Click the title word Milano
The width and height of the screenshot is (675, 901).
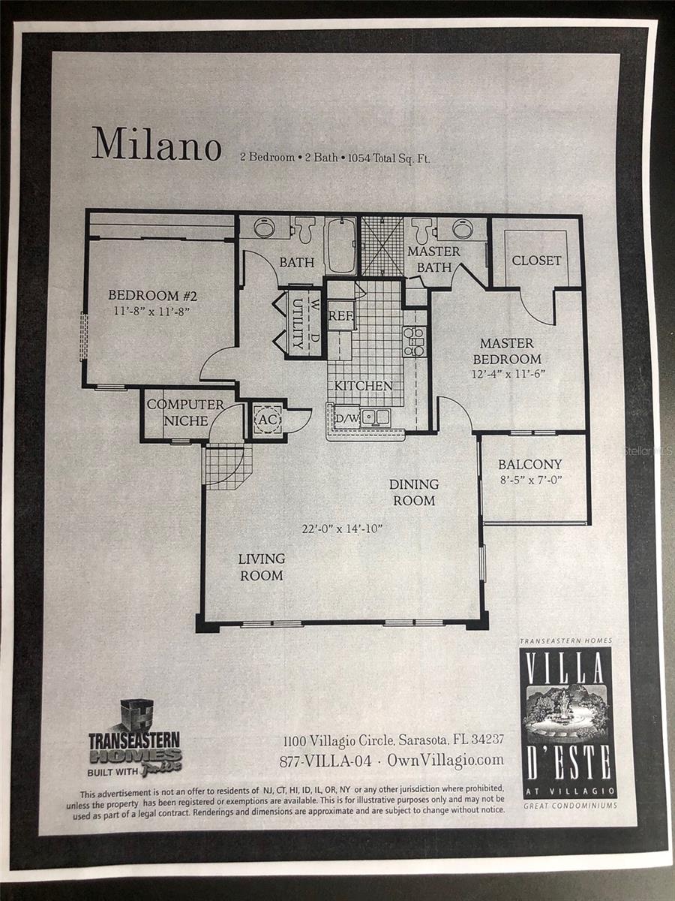[156, 143]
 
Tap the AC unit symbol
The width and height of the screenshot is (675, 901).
[266, 420]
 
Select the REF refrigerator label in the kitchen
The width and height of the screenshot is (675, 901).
[340, 316]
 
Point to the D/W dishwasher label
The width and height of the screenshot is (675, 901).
[346, 418]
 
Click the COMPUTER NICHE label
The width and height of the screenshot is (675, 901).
[185, 412]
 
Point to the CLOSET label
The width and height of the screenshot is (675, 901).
[536, 261]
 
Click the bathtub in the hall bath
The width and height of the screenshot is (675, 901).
[342, 246]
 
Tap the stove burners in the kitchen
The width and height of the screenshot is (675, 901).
[414, 341]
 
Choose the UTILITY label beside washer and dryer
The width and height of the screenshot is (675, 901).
[298, 324]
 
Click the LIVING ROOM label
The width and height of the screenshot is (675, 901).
[261, 567]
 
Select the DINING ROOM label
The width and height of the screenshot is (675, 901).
[413, 492]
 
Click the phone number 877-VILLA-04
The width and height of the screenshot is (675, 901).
[325, 760]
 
